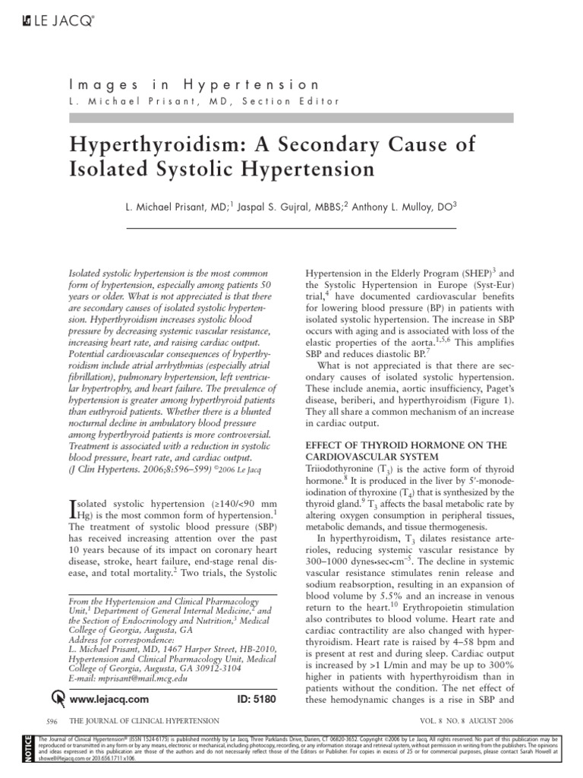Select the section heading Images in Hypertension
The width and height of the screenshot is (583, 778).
pos(194,85)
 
